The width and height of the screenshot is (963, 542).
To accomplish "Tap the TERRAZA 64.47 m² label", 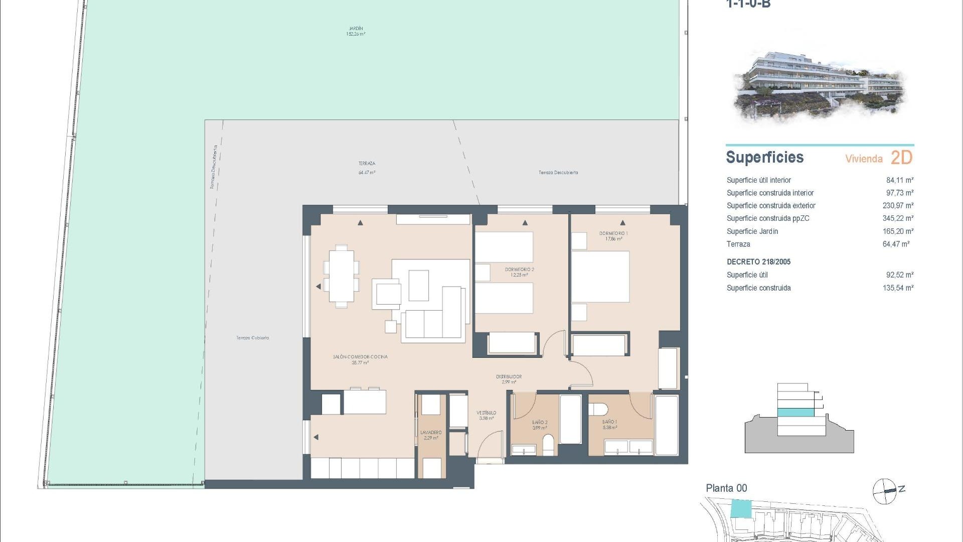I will pyautogui.click(x=367, y=168).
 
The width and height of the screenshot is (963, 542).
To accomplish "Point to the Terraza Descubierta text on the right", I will pyautogui.click(x=558, y=173).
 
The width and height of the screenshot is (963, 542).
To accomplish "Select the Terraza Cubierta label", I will pyautogui.click(x=252, y=338).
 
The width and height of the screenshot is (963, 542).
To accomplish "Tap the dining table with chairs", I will pyautogui.click(x=341, y=276).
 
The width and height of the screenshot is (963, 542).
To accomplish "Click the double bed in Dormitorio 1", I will pyautogui.click(x=600, y=277).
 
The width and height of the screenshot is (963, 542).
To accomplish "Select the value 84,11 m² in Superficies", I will pyautogui.click(x=899, y=180).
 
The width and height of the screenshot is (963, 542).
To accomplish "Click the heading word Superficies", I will pyautogui.click(x=764, y=158).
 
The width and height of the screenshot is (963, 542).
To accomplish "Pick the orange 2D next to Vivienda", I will pyautogui.click(x=901, y=158).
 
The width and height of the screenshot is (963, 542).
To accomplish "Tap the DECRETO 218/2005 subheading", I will pyautogui.click(x=758, y=262).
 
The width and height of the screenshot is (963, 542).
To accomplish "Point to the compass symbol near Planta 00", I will pyautogui.click(x=885, y=491).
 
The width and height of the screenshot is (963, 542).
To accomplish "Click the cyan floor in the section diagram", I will pyautogui.click(x=795, y=413).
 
